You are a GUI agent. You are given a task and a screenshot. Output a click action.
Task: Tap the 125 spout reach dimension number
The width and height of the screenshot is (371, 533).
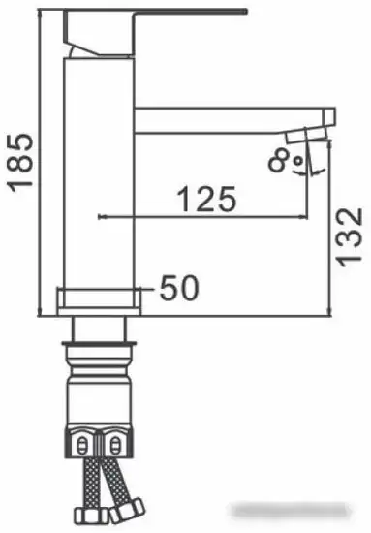click(x=205, y=202)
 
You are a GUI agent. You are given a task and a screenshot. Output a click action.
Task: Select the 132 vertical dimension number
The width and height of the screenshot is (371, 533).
click(x=352, y=235)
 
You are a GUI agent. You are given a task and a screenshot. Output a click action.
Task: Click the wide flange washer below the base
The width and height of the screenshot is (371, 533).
click(x=102, y=343)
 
